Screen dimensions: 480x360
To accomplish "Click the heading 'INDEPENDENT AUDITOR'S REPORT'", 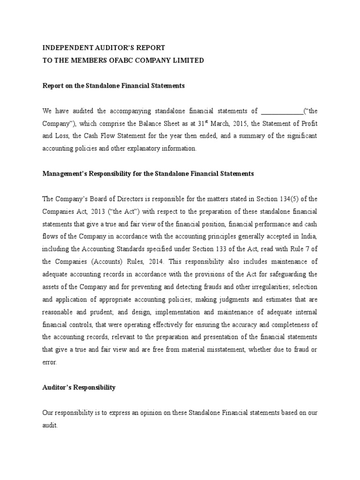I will [104, 48].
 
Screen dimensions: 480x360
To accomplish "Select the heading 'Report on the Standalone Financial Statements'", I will [114, 86].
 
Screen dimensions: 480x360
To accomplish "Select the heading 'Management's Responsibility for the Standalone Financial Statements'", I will [148, 173].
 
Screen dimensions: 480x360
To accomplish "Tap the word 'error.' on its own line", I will [50, 362].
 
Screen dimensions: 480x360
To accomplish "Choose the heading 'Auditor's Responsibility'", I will [79, 388].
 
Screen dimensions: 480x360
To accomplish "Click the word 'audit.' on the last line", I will [50, 426].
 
